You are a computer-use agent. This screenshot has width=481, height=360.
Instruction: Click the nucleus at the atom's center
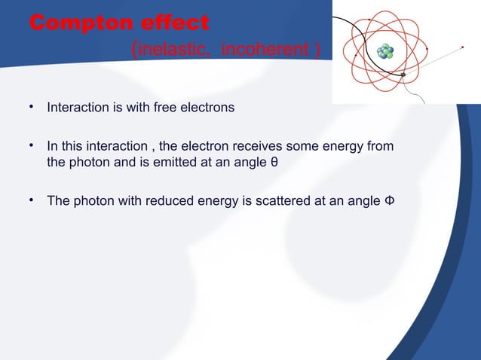[386, 51]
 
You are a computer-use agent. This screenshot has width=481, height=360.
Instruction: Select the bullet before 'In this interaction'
[32, 145]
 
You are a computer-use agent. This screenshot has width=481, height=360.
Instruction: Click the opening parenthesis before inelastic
[134, 50]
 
